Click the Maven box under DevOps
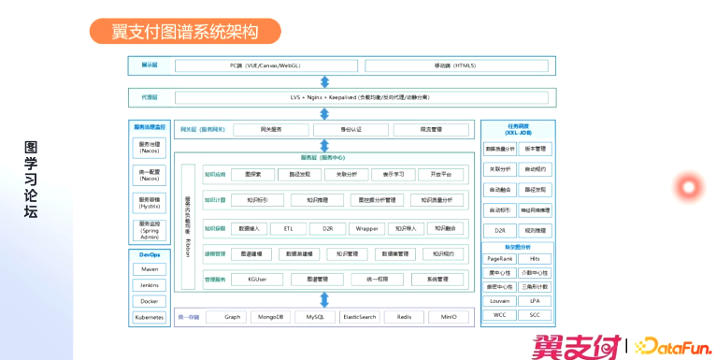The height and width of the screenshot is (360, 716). (x=149, y=269)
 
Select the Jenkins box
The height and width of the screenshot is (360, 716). (x=149, y=285)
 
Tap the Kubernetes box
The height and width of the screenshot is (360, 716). (x=149, y=317)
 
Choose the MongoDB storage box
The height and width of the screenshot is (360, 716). (x=270, y=317)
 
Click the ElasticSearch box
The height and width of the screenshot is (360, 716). (x=359, y=317)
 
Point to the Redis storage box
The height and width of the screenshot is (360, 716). (x=404, y=317)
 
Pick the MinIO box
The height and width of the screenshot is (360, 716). (x=449, y=317)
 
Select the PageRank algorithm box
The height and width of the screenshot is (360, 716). (x=500, y=258)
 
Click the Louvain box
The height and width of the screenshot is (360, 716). (x=500, y=301)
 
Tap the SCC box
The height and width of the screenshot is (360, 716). (x=536, y=315)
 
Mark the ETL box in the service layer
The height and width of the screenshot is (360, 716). (x=288, y=227)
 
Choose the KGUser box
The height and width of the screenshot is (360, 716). (x=259, y=279)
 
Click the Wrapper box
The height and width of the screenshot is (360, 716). (x=366, y=227)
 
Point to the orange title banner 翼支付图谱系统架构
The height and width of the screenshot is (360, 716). (x=185, y=31)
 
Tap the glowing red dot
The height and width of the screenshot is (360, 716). (x=689, y=187)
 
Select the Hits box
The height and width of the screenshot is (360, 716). (x=536, y=258)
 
